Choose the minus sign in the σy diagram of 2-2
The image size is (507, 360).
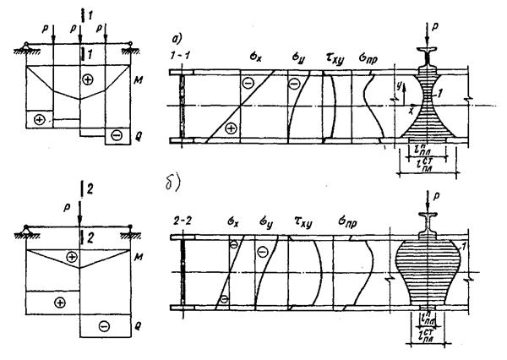coord(263,251)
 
